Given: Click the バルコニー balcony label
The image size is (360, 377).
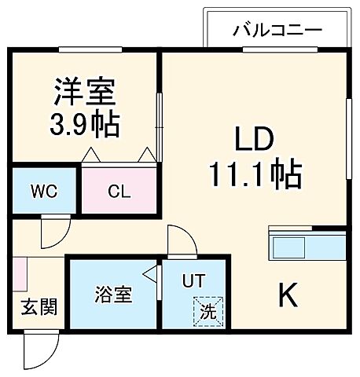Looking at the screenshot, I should tap(277, 31).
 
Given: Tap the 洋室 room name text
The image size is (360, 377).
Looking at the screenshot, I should tap(85, 93).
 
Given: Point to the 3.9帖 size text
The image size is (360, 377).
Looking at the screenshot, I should tap(85, 123).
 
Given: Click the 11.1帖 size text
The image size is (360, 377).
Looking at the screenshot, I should tap(253, 174).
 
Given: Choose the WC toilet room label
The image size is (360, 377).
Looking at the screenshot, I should tap(43, 191).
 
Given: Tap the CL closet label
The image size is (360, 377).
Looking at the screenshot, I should tap(119, 191).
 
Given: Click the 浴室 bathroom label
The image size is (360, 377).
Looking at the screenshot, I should tap(113, 296).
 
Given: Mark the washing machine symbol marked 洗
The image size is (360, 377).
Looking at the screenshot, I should tap(208, 312).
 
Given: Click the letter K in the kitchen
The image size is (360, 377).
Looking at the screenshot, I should tap(288, 297).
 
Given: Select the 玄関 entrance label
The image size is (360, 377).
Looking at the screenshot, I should tap(39, 306).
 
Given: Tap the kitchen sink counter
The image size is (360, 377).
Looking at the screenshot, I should tap(307, 245).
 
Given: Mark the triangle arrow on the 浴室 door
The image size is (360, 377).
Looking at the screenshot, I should tap(149, 276).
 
